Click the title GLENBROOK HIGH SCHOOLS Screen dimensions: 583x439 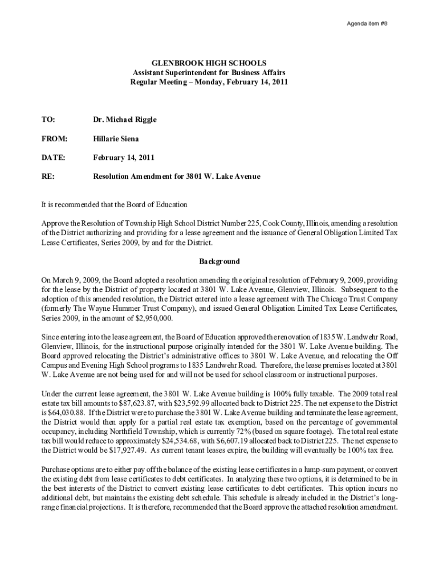[x=209, y=64]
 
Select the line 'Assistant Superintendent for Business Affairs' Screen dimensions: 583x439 [x=209, y=73]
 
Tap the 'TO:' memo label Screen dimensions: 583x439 [x=48, y=120]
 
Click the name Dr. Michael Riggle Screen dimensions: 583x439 [x=125, y=120]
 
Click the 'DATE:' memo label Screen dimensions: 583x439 [x=53, y=157]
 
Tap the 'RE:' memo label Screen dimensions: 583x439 [x=48, y=176]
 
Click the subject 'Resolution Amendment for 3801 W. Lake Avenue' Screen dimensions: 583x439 [x=177, y=176]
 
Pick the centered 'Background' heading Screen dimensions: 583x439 [x=219, y=262]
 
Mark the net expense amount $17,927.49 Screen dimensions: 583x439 [x=113, y=450]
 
